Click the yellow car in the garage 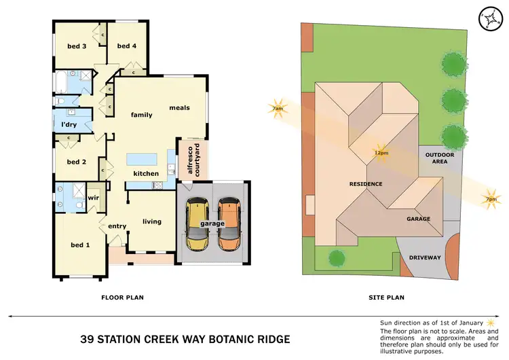pos(197,223)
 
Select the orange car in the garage pos(229,223)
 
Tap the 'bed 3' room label pos(76,46)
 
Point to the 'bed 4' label pos(126,46)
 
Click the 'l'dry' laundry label pos(68,125)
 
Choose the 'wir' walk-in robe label pos(94,198)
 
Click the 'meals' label pos(179,107)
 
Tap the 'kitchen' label pos(145,174)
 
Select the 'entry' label pos(117,226)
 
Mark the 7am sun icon pos(277,109)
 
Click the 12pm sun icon pos(381,152)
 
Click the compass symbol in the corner pos(489,20)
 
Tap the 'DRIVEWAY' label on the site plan pos(425,257)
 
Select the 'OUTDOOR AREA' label pos(439,158)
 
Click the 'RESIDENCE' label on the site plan pos(366,184)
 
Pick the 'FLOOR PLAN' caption pos(122,297)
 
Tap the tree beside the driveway pos(335,257)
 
